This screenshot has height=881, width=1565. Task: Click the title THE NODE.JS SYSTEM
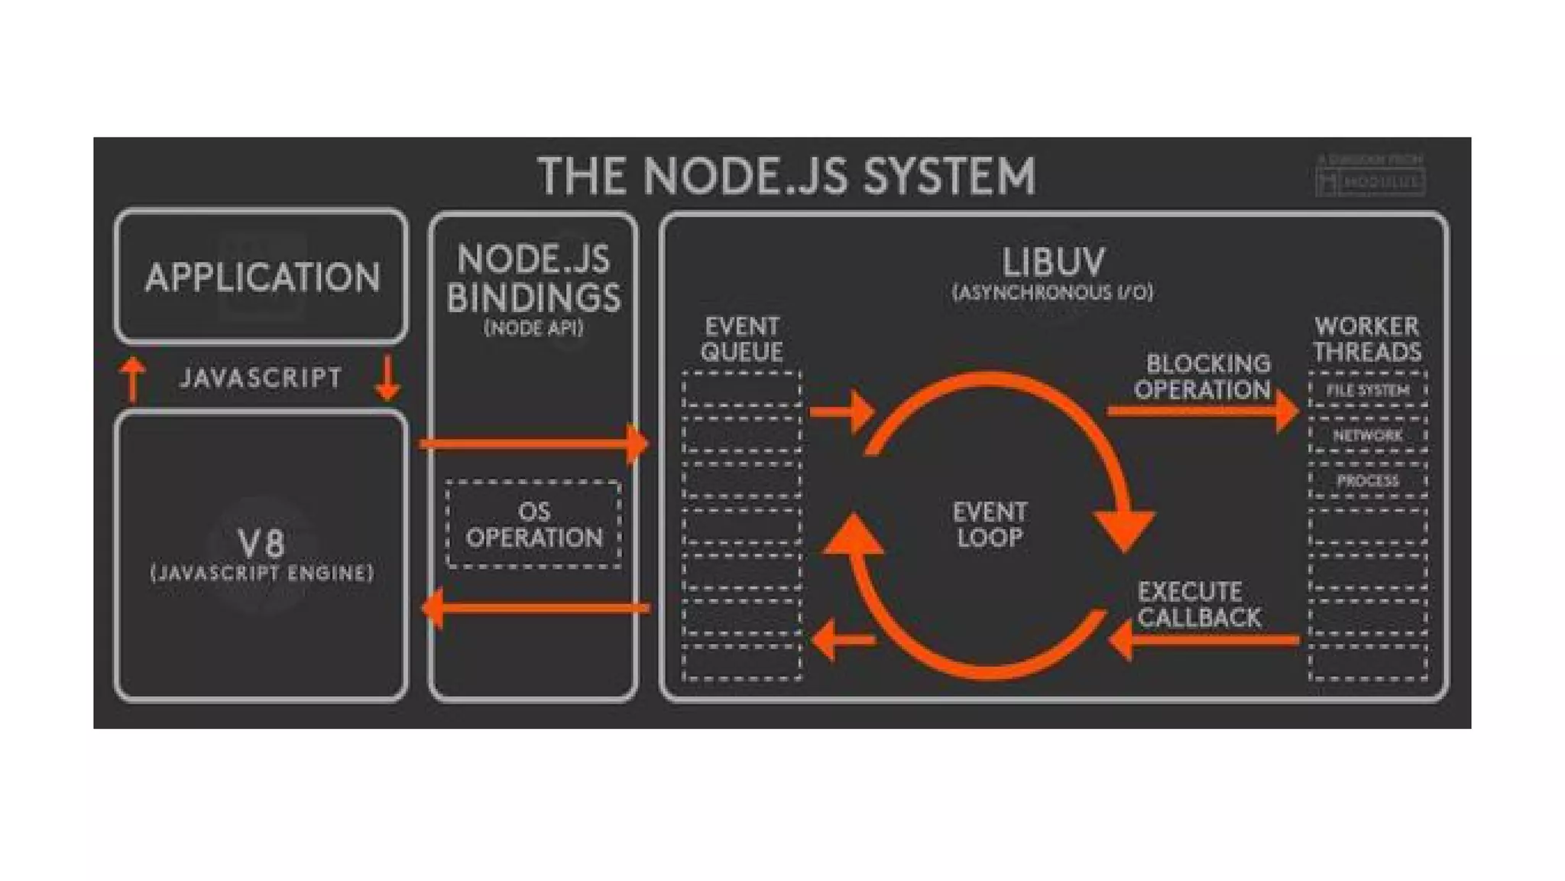(x=786, y=176)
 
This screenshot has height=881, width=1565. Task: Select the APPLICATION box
(x=261, y=277)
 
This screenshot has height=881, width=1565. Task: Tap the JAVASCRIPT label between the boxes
(x=261, y=378)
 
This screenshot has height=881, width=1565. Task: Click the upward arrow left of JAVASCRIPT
(x=133, y=379)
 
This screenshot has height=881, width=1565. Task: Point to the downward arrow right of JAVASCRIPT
(x=388, y=378)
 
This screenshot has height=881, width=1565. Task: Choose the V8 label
(x=261, y=543)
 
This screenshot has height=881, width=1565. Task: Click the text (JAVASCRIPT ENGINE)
(x=262, y=574)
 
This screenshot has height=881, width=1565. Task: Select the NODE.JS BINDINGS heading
(x=533, y=278)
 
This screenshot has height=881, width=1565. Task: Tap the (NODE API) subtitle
(x=533, y=328)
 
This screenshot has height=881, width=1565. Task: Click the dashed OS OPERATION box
(x=533, y=525)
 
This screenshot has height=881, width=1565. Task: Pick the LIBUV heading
(x=1053, y=262)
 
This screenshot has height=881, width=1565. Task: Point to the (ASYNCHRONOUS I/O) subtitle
(x=1053, y=292)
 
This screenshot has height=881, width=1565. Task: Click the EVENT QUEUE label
(x=742, y=339)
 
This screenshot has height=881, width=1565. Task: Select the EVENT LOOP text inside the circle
(x=990, y=525)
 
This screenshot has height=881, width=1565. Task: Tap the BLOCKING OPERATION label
(x=1204, y=376)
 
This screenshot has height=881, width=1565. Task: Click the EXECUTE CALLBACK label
(x=1198, y=604)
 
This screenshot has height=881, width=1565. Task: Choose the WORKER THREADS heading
(x=1367, y=339)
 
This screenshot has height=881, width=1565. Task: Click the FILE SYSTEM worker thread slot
(x=1368, y=390)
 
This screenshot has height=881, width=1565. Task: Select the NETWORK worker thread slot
(x=1368, y=435)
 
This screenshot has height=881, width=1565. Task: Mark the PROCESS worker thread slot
(x=1368, y=481)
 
